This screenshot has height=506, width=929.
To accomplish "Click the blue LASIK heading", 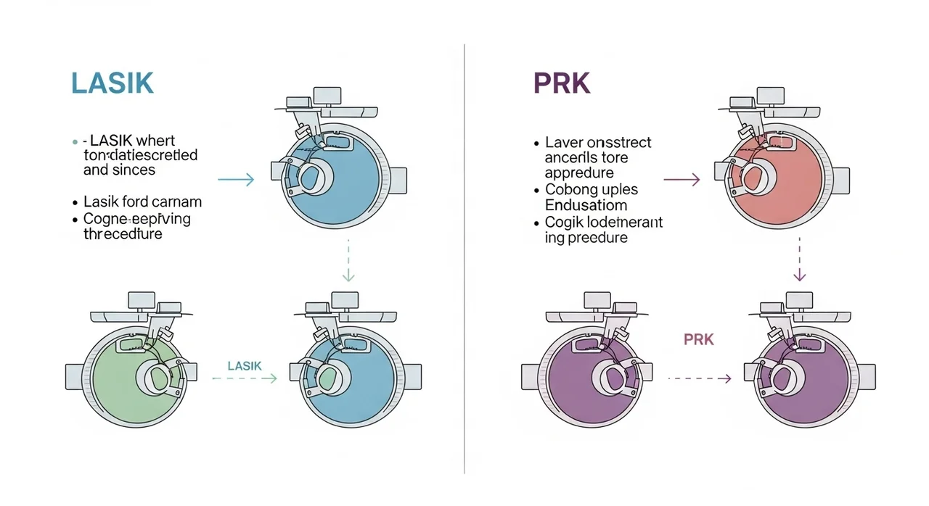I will [x=112, y=83].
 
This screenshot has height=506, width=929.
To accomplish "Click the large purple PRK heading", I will [x=562, y=83].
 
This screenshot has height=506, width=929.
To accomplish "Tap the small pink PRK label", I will [x=699, y=339].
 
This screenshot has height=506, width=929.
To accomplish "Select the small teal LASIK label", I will [x=245, y=366].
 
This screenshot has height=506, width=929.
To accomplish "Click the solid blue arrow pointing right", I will [x=236, y=180].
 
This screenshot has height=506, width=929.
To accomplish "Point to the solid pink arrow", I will [x=682, y=180].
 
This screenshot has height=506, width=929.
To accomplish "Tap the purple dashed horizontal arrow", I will [x=698, y=378].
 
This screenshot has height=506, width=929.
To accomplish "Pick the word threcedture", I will [x=123, y=234].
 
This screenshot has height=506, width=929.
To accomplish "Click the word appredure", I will [x=579, y=173].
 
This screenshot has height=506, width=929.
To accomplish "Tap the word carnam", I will [x=176, y=202].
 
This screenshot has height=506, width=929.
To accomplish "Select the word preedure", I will [x=597, y=238].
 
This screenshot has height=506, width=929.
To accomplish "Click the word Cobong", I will [x=568, y=190].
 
